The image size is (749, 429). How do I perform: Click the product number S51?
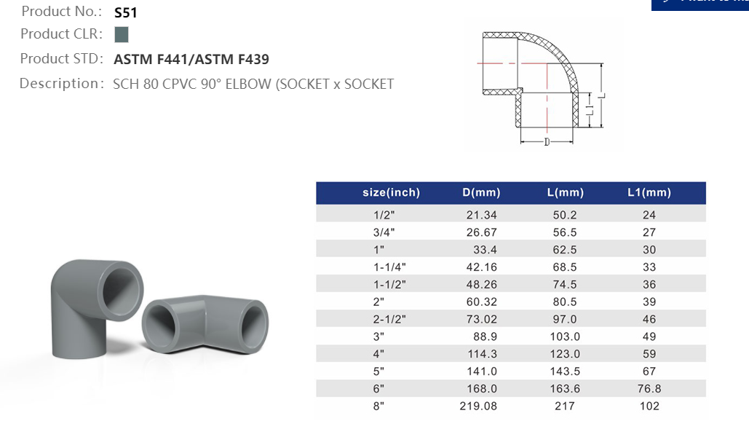pyautogui.click(x=126, y=12)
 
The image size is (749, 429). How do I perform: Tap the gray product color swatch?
pyautogui.click(x=122, y=34)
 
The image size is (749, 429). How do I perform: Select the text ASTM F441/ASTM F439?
pyautogui.click(x=191, y=60)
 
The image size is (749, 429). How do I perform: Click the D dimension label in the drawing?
pyautogui.click(x=547, y=141)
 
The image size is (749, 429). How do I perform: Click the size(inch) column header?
pyautogui.click(x=391, y=193)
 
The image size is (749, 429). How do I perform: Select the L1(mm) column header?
pyautogui.click(x=649, y=193)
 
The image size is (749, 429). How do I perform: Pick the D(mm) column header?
pyautogui.click(x=481, y=193)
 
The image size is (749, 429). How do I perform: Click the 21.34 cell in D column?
pyautogui.click(x=481, y=215)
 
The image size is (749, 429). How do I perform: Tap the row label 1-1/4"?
pyautogui.click(x=391, y=267)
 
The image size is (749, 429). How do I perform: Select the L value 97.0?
pyautogui.click(x=565, y=319)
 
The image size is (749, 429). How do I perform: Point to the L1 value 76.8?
pyautogui.click(x=649, y=389)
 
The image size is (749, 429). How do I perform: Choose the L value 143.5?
pyautogui.click(x=565, y=371)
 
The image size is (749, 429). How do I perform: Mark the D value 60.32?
pyautogui.click(x=481, y=302)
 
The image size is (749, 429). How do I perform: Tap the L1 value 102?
pyautogui.click(x=649, y=406)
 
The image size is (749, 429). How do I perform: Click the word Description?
pyautogui.click(x=58, y=84)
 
